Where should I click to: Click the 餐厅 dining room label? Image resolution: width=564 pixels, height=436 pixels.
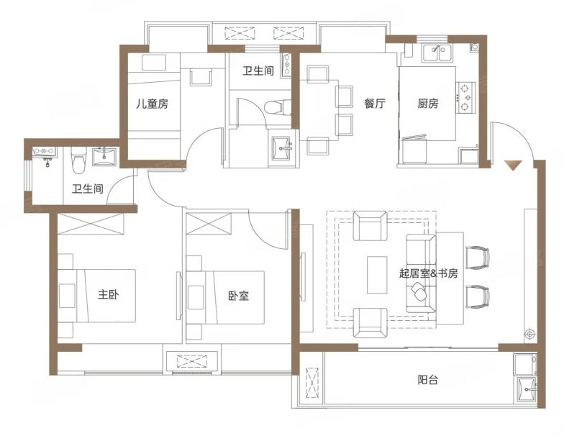tap(374, 104)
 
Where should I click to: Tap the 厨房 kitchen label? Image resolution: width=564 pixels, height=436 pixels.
tap(427, 104)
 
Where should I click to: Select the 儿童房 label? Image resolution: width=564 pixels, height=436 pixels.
tap(152, 104)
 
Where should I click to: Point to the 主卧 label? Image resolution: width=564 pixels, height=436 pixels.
tap(108, 295)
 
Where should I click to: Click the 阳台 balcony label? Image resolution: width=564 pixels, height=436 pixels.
tap(427, 380)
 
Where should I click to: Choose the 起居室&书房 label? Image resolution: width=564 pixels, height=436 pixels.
tap(428, 273)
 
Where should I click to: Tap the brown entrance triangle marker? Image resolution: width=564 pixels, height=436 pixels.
tap(513, 165)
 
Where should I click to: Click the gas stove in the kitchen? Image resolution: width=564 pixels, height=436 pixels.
tap(466, 96)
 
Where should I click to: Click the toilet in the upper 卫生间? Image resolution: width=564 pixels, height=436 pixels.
tap(278, 106)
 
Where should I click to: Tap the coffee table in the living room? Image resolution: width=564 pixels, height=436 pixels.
tap(377, 275)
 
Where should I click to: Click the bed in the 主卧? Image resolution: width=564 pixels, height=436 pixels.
tap(96, 296)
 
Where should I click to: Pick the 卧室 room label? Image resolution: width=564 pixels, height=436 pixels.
tap(239, 296)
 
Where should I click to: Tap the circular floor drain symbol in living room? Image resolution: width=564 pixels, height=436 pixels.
tap(529, 334)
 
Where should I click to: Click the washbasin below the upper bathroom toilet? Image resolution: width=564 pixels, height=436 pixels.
tap(282, 147)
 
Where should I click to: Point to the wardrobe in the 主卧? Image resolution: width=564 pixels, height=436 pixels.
tap(91, 224)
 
